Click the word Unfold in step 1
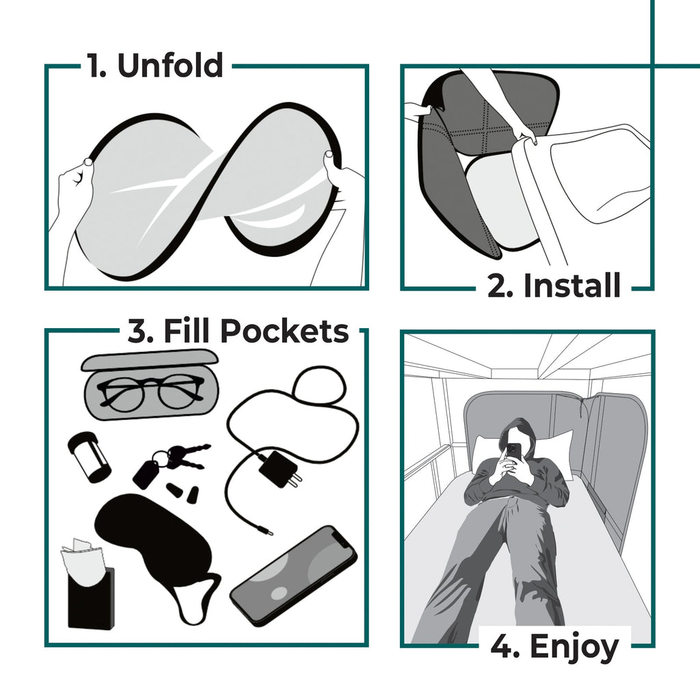170,66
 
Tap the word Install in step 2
571,286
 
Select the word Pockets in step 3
285,332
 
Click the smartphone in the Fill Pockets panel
294,574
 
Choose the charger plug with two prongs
281,470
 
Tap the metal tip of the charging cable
269,530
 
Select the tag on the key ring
146,473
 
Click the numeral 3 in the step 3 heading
137,332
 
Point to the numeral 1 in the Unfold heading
95,66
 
